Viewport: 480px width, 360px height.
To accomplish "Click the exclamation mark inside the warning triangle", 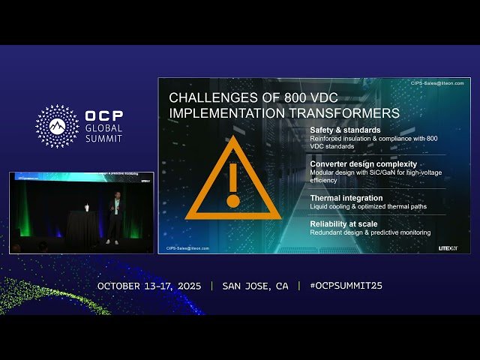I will click(x=232, y=183).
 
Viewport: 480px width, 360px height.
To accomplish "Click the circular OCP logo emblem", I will click(x=57, y=126).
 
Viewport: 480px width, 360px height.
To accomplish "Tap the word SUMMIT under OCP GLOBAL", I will click(x=103, y=139).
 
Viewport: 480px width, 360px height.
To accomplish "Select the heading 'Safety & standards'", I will click(x=343, y=130).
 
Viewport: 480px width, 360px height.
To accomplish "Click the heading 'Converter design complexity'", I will click(x=363, y=163).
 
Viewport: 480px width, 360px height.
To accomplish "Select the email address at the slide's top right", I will click(x=437, y=83).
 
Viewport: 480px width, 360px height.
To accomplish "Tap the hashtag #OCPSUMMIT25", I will click(x=340, y=286).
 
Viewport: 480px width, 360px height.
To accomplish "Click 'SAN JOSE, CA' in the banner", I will click(x=255, y=286).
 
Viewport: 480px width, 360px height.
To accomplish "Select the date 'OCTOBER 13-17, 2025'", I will click(x=149, y=286).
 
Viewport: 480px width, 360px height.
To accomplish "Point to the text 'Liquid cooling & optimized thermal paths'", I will click(x=370, y=207).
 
